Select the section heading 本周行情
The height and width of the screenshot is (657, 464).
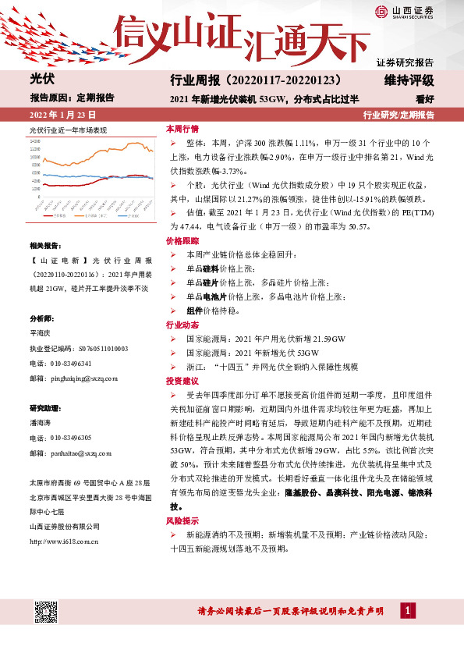click(182, 128)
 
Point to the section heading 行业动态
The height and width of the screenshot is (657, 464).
click(182, 325)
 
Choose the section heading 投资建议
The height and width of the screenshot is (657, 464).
click(182, 381)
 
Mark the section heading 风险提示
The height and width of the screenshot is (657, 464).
click(182, 520)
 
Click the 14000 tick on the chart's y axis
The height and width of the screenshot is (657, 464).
click(35, 141)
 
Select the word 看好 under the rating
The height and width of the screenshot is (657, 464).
click(425, 99)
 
